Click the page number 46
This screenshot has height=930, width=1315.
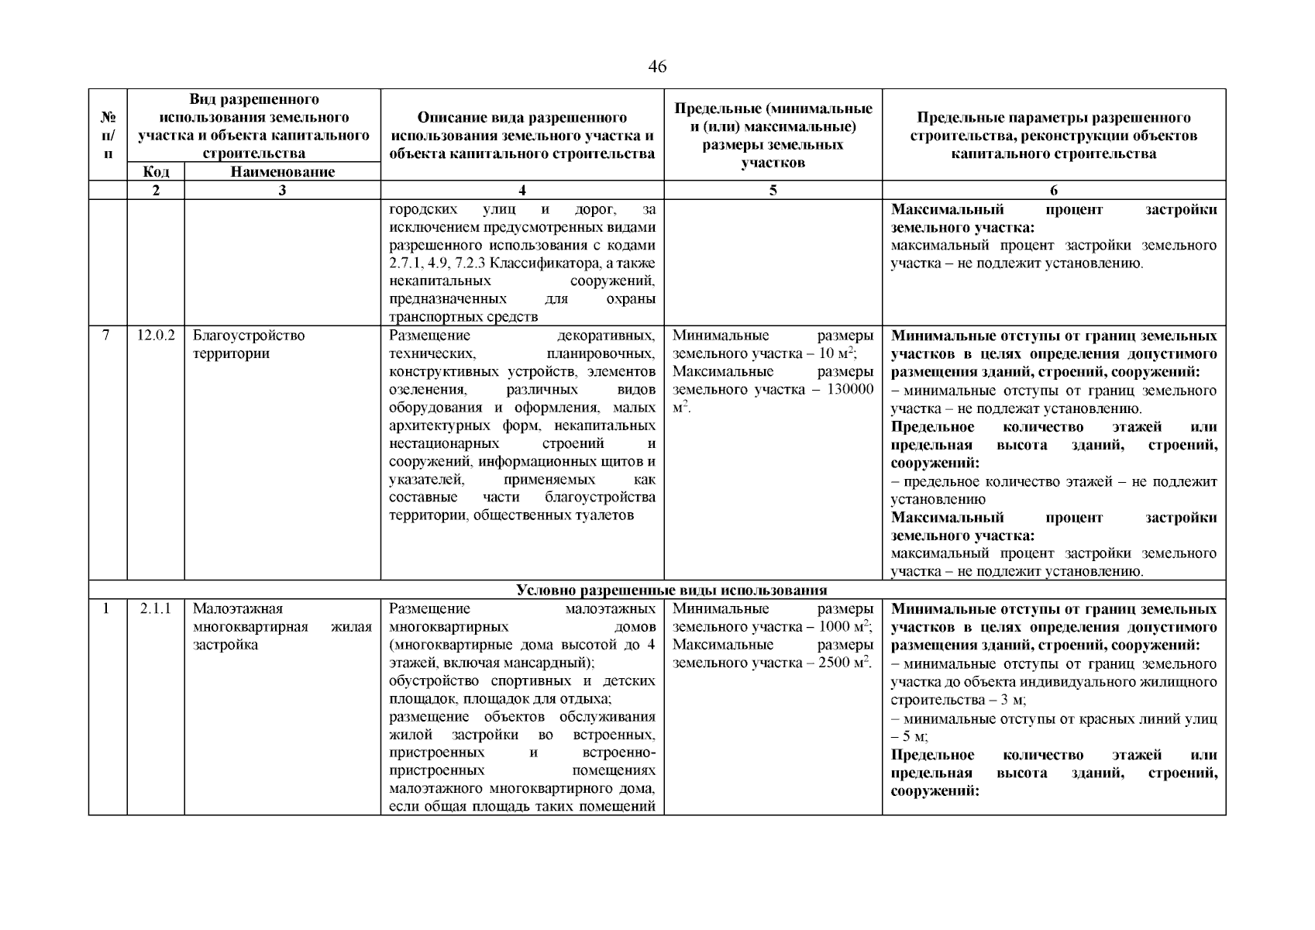click(656, 67)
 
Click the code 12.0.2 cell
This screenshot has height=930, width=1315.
click(156, 336)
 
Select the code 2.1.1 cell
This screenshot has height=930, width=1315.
click(156, 609)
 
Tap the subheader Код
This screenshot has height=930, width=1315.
click(156, 172)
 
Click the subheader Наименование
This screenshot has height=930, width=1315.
click(282, 172)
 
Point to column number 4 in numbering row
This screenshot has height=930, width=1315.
click(522, 191)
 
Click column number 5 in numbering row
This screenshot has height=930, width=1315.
click(773, 191)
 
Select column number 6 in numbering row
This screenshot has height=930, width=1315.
click(1053, 191)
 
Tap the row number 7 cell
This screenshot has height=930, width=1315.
click(107, 336)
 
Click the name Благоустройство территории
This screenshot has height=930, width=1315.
click(248, 345)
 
